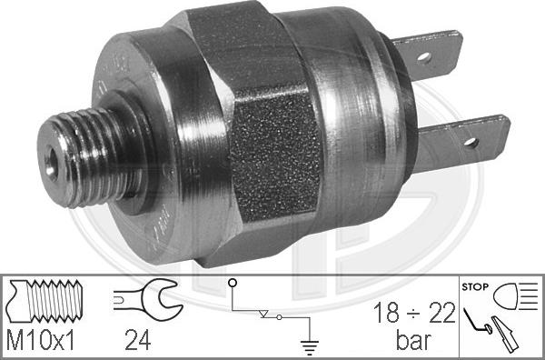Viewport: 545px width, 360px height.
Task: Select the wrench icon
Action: coord(145,299)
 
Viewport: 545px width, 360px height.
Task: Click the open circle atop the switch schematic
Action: coord(232,284)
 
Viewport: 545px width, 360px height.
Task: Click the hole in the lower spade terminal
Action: coord(470,143)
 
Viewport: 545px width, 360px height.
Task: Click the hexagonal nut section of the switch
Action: coord(272,136)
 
